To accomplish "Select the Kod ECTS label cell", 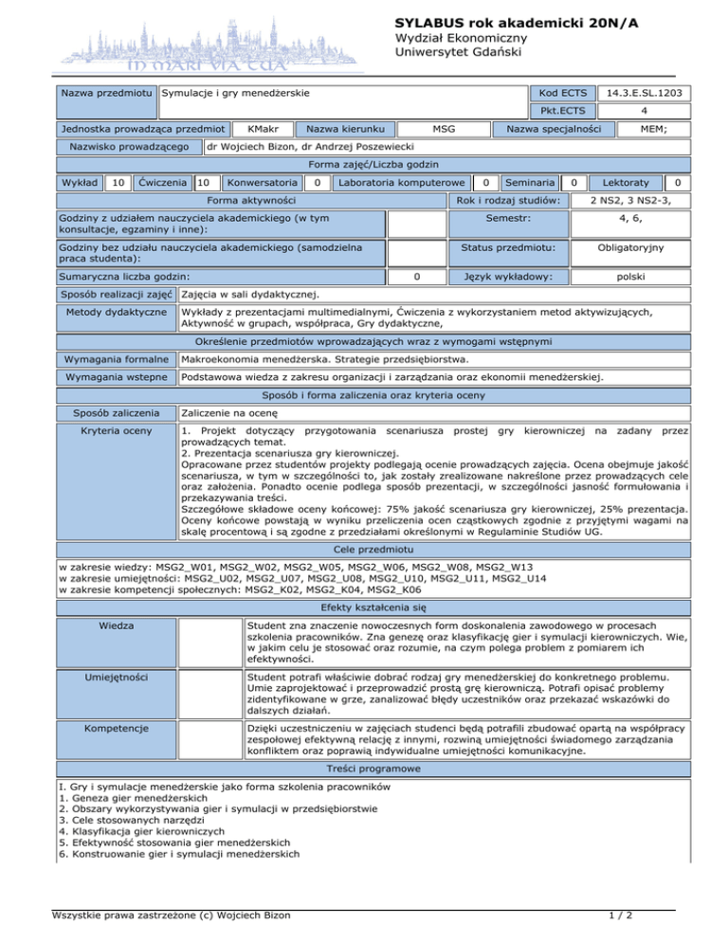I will (561, 93).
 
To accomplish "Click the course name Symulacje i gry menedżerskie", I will (237, 93).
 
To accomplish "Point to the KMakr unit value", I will (255, 128).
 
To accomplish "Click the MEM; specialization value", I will (651, 128).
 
